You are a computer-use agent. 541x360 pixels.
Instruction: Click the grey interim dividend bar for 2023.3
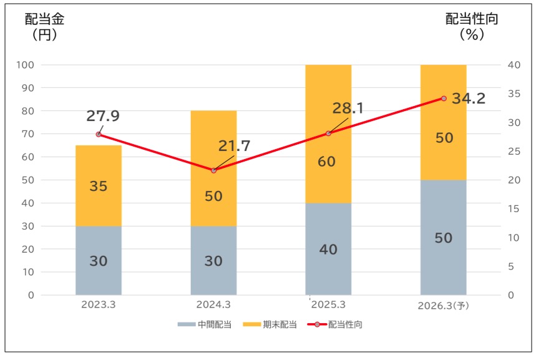(x=98, y=260)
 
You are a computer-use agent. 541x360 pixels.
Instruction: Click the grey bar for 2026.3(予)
(x=444, y=237)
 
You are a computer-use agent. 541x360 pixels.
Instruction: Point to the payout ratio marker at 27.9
(x=99, y=134)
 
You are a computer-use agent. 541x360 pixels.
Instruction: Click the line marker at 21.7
(x=213, y=170)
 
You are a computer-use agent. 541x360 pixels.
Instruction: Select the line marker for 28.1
(x=329, y=133)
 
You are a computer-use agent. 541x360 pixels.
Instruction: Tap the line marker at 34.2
(x=444, y=99)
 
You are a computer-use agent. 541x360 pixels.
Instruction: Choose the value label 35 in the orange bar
(x=98, y=186)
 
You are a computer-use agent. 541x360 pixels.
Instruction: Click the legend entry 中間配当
(x=205, y=324)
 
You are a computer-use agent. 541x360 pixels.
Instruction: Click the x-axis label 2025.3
(x=329, y=305)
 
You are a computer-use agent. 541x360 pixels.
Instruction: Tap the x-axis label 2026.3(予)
(x=444, y=306)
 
